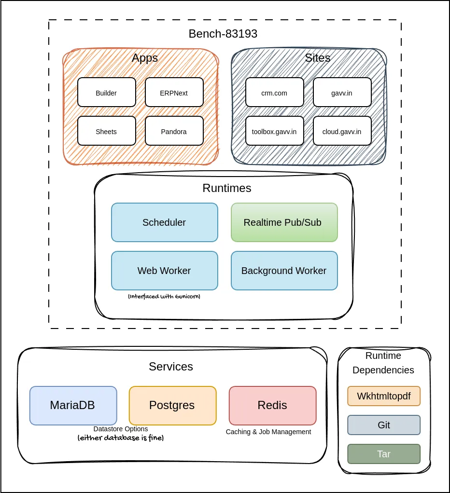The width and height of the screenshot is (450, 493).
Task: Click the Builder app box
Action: tap(106, 93)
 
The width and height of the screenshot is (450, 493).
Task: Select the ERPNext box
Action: tap(174, 93)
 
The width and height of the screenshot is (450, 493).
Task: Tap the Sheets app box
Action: tap(106, 131)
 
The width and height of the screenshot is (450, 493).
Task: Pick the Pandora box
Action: tap(174, 131)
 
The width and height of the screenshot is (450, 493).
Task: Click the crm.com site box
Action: tap(274, 93)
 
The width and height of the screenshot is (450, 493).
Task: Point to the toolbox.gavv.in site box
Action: tap(274, 131)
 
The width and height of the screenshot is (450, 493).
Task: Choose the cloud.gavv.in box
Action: tap(342, 131)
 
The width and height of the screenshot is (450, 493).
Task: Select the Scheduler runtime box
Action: tap(164, 222)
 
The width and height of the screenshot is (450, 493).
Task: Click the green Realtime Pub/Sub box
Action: tap(284, 222)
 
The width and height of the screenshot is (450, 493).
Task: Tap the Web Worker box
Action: tap(164, 271)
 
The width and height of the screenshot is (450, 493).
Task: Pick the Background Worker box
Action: tap(284, 271)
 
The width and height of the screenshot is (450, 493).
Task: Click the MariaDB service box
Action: tap(73, 405)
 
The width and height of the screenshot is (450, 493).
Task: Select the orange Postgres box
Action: tap(172, 405)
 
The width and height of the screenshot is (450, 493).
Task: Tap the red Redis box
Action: tap(272, 405)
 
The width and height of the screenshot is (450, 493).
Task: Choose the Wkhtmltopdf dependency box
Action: tap(384, 396)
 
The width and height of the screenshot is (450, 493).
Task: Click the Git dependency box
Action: tap(384, 425)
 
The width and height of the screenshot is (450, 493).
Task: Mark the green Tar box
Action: tap(384, 454)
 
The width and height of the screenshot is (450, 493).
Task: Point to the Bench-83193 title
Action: tap(223, 34)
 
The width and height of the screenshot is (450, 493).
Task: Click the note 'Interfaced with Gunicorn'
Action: tap(164, 296)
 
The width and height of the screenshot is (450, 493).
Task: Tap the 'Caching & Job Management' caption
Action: tap(268, 432)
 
